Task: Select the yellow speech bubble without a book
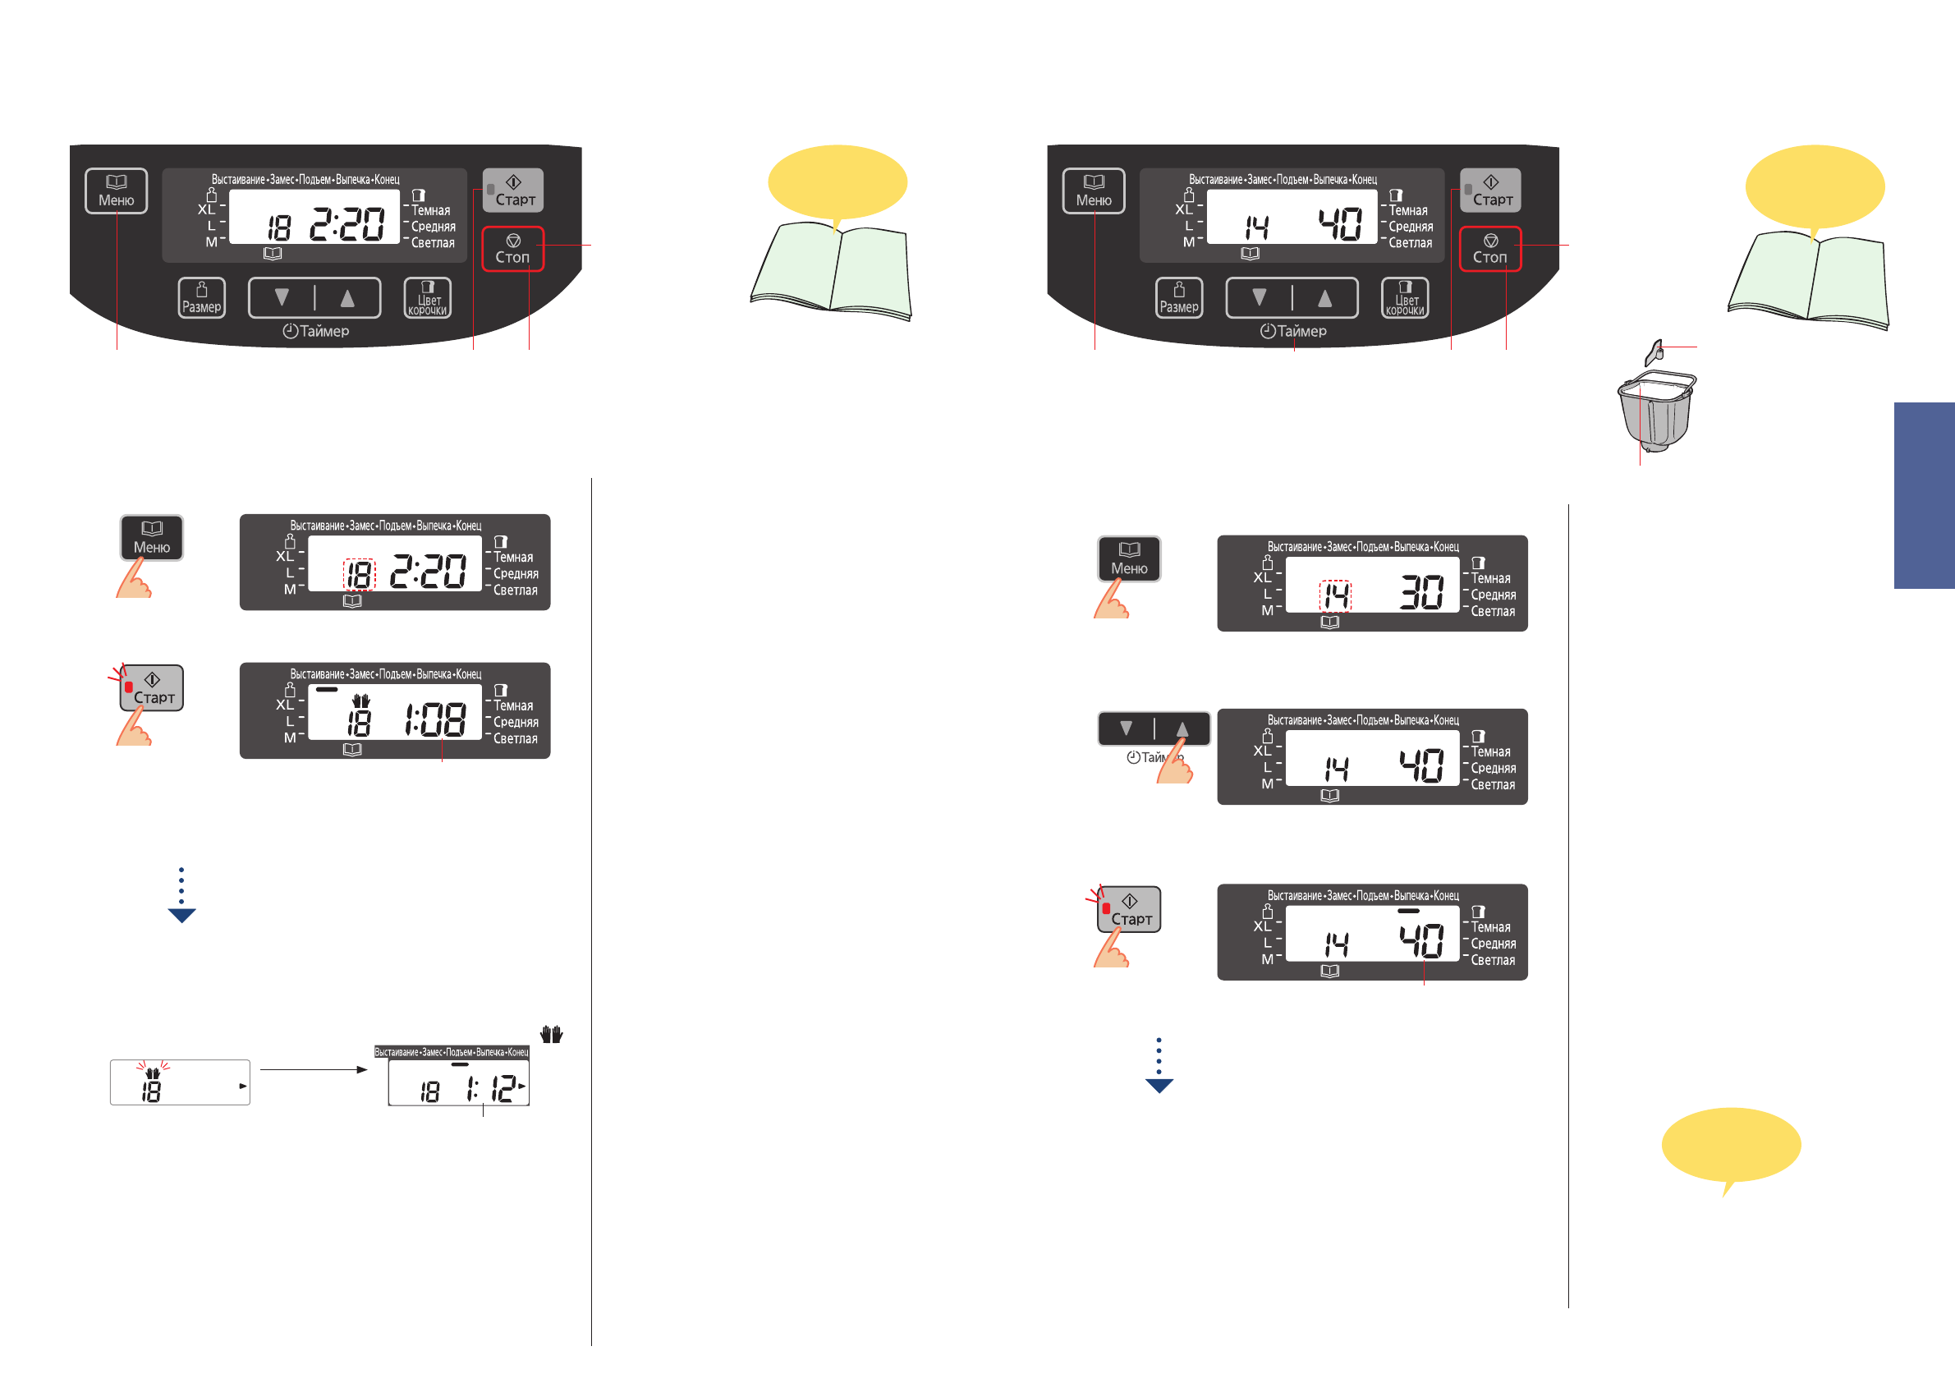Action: click(1730, 1145)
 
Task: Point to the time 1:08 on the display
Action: click(434, 719)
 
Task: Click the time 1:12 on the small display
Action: click(492, 1088)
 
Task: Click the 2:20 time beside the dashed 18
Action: click(429, 572)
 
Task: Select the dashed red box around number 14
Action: click(1335, 595)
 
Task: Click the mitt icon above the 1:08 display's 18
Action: click(361, 700)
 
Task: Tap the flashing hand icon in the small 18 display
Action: click(153, 1073)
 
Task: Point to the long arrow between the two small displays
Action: click(314, 1069)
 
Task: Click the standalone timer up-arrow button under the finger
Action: click(1182, 729)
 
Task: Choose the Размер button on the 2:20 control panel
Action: click(202, 298)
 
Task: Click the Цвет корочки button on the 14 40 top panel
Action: click(1404, 298)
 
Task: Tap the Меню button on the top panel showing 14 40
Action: click(1094, 191)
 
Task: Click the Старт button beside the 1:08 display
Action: click(153, 688)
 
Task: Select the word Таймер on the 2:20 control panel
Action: click(324, 331)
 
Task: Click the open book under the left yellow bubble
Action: click(832, 270)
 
